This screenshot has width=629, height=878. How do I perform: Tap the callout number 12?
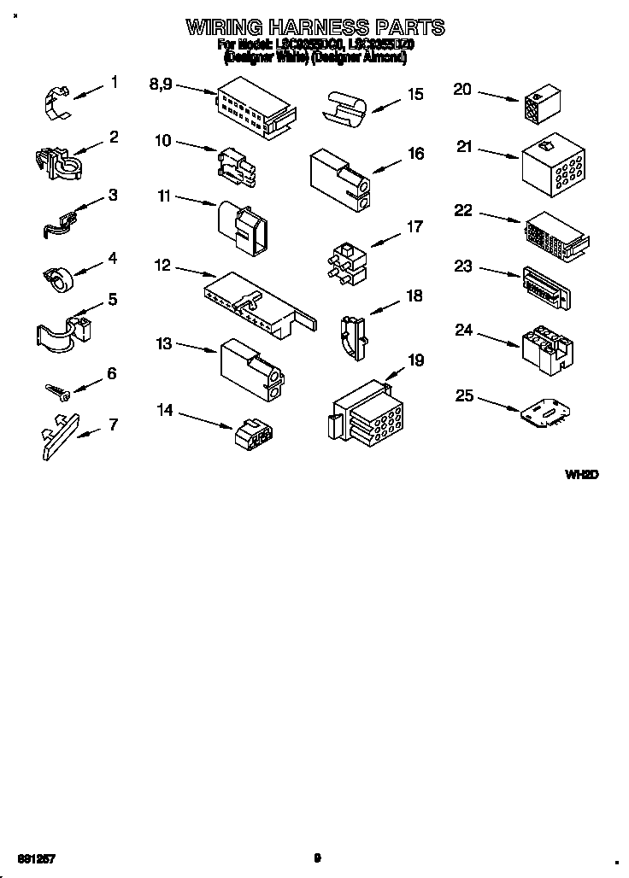[162, 266]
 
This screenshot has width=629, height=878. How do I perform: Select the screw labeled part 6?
[58, 389]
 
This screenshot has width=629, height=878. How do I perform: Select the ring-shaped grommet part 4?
[57, 277]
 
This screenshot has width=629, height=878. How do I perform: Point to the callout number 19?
[415, 360]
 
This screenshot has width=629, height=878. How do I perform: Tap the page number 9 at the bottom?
[317, 858]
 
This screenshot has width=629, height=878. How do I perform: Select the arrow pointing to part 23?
[497, 272]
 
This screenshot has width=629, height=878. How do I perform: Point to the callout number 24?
[463, 330]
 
